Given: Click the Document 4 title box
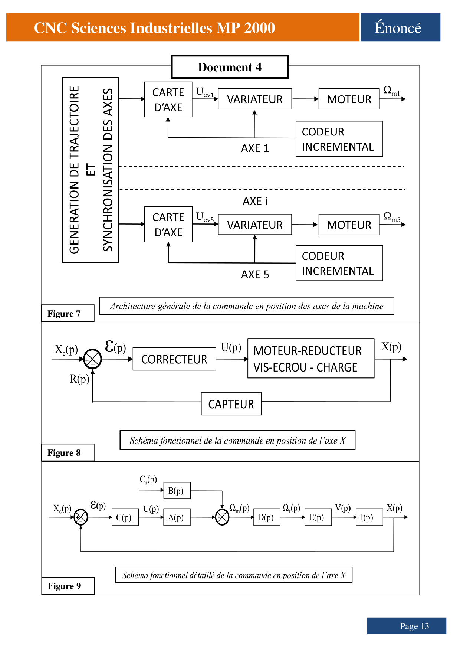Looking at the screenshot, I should pyautogui.click(x=230, y=67).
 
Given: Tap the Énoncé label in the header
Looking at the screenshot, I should pyautogui.click(x=400, y=27).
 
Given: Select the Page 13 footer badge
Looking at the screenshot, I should pyautogui.click(x=407, y=626).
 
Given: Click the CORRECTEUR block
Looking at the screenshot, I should pyautogui.click(x=174, y=359).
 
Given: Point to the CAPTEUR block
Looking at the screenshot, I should pyautogui.click(x=231, y=404).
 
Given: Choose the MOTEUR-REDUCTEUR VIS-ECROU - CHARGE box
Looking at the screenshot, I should pyautogui.click(x=311, y=359).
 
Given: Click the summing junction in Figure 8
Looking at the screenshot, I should pyautogui.click(x=92, y=359).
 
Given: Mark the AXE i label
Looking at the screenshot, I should pyautogui.click(x=255, y=201).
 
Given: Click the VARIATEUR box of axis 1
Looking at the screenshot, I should pyautogui.click(x=255, y=99).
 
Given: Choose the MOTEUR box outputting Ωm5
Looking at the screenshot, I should pyautogui.click(x=349, y=225).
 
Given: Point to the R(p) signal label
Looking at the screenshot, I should pyautogui.click(x=79, y=379).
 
